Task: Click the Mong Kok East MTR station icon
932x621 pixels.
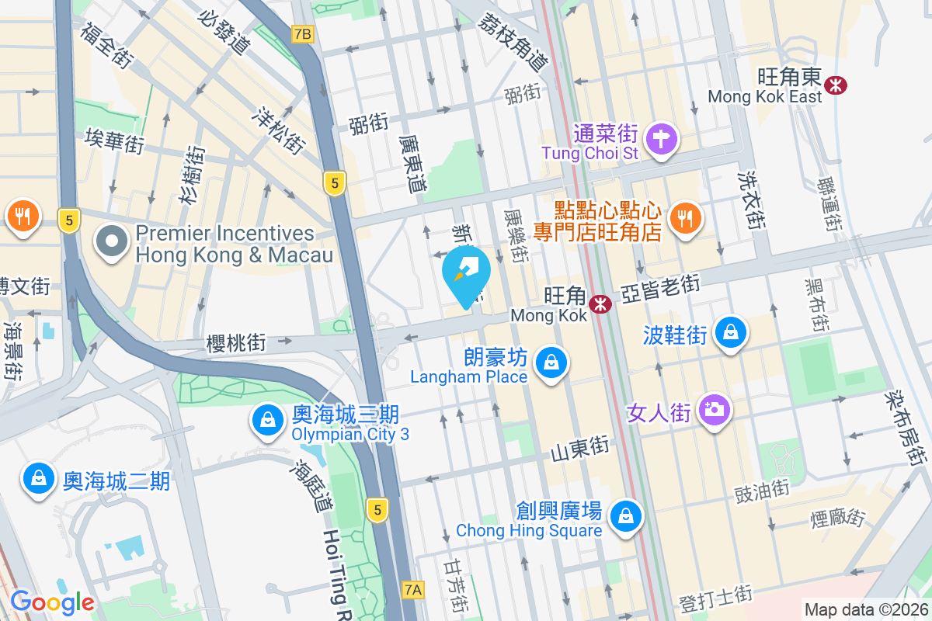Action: [836, 85]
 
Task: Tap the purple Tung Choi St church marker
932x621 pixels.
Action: [662, 140]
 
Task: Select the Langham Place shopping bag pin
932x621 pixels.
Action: [551, 363]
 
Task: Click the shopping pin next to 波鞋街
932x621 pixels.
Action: [730, 333]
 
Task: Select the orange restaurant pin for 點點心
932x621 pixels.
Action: [684, 218]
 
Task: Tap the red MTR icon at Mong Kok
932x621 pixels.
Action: [600, 304]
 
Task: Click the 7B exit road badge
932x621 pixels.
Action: [302, 34]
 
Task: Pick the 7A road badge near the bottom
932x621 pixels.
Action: [413, 590]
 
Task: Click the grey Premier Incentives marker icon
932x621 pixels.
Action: [112, 242]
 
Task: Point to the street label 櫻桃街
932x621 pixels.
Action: [236, 342]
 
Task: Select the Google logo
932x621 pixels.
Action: [52, 602]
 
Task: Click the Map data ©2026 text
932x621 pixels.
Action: [865, 609]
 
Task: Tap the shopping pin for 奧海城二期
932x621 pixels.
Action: [38, 479]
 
